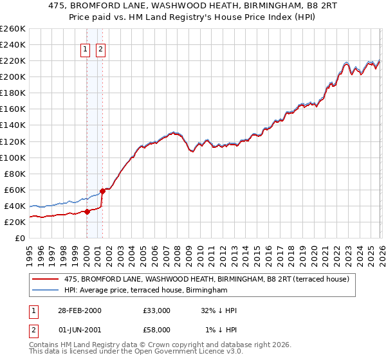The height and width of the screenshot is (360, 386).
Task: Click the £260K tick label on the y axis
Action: [13, 29]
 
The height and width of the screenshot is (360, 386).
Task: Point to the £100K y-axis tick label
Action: [13, 157]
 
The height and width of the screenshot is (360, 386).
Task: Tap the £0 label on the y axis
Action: [21, 238]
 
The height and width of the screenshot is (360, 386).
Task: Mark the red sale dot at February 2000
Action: [87, 212]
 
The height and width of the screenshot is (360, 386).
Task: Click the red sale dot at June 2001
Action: [102, 191]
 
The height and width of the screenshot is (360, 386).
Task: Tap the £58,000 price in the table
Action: [157, 330]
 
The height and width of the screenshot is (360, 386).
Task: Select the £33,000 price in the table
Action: [157, 310]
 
